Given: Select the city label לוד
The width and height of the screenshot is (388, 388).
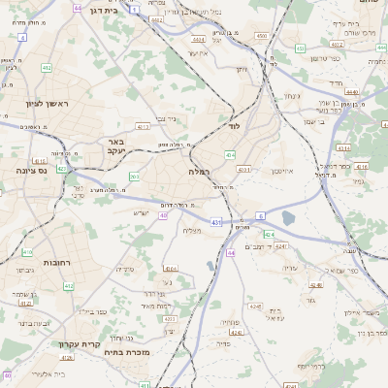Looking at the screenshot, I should [x=234, y=126].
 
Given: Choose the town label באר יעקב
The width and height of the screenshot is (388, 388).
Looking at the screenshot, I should [x=115, y=146].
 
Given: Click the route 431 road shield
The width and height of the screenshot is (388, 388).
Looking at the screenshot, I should [x=215, y=222].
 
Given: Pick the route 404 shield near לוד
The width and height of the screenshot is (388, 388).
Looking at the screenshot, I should [x=230, y=154].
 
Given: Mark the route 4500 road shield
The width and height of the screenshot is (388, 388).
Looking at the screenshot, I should [x=261, y=36].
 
